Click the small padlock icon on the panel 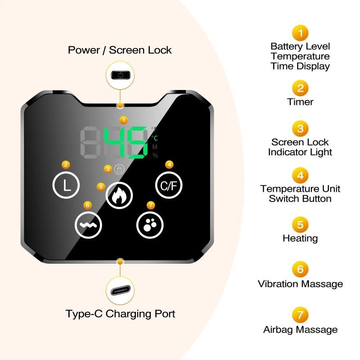[x=119, y=169]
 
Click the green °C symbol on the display [x=154, y=138]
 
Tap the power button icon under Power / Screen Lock [x=120, y=74]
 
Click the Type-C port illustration [x=120, y=291]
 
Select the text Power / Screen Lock [x=120, y=49]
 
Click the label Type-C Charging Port [x=120, y=313]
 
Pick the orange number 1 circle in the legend [x=300, y=33]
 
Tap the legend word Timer [x=300, y=102]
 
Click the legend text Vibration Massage [x=300, y=284]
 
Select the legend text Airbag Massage [x=300, y=329]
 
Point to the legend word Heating [x=300, y=238]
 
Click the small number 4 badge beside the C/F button [x=169, y=165]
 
